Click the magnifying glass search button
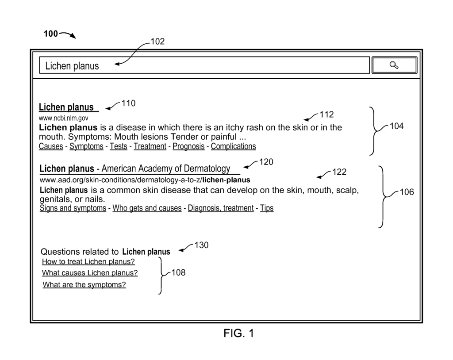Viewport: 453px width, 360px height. pos(394,65)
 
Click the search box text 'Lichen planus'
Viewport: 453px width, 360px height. pos(72,66)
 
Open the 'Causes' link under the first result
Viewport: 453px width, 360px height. pos(51,146)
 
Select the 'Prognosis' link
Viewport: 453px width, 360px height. pos(188,146)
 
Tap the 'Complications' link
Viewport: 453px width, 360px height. pos(233,146)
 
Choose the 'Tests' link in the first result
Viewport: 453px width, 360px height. pos(118,146)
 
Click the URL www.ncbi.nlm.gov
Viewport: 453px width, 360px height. pos(64,119)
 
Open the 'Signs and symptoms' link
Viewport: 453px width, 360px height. pos(73,208)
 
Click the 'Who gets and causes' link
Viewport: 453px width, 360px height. pos(147,208)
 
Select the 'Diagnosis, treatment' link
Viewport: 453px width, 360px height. pos(221,208)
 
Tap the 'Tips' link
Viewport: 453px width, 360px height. pos(267,208)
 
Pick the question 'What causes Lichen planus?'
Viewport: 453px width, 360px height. pos(90,273)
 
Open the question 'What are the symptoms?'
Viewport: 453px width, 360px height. pos(84,285)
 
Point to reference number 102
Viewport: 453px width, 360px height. pos(157,42)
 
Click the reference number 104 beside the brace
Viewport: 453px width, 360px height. pos(396,126)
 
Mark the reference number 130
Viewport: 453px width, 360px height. pos(201,245)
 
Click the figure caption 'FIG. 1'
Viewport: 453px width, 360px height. pos(239,333)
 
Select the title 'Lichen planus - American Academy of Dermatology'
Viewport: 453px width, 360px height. pos(135,169)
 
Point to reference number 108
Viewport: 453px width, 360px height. pos(178,272)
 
